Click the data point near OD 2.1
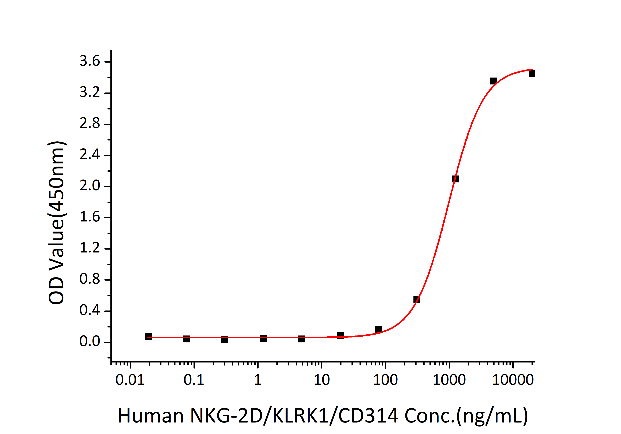455,179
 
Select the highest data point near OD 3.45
532,73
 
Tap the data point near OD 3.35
494,81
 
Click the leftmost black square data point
148,337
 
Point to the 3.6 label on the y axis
90,61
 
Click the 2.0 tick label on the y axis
90,186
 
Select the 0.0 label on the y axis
90,342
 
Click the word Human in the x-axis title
151,416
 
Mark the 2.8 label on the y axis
90,124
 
